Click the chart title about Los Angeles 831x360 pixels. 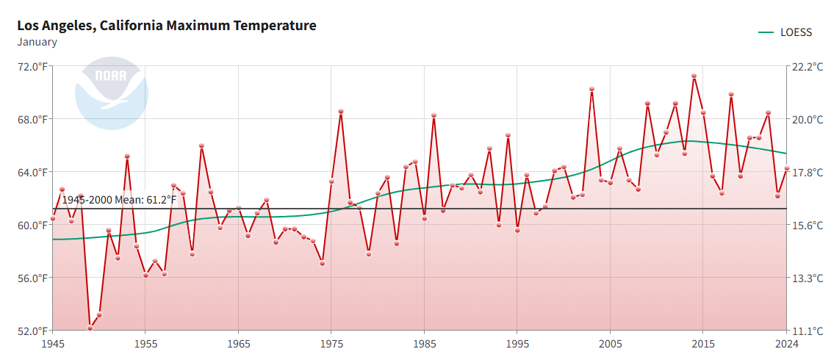click(167, 26)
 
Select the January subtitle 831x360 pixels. click(37, 42)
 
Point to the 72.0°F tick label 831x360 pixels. click(32, 66)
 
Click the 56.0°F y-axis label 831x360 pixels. click(32, 278)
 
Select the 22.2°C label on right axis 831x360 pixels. click(807, 66)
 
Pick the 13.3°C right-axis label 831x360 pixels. click(807, 278)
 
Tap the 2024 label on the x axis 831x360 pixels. click(786, 344)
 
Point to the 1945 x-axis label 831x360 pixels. click(53, 344)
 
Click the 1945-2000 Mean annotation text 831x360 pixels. click(119, 200)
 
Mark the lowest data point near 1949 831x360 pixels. click(90, 328)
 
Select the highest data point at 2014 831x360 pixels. click(694, 76)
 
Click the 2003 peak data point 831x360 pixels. click(591, 89)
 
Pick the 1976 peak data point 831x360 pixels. click(341, 112)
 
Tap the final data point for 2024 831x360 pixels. click(787, 168)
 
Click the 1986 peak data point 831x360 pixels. click(434, 115)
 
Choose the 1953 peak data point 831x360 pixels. click(127, 156)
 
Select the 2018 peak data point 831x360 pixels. click(731, 94)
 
